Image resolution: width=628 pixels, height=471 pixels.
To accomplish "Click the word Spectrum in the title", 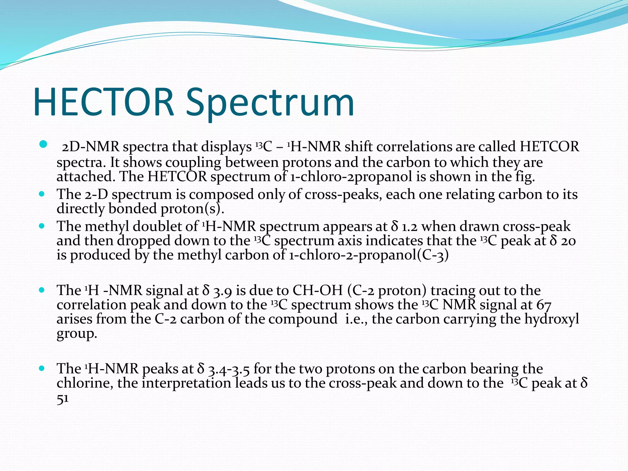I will tap(270, 103).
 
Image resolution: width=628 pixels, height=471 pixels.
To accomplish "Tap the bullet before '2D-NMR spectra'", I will tap(43, 144).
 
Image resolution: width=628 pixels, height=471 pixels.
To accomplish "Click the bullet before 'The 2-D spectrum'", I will tap(42, 194).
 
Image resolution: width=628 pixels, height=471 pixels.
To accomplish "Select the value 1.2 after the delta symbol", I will tap(410, 227).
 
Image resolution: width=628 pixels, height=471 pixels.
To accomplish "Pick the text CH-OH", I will tap(317, 290).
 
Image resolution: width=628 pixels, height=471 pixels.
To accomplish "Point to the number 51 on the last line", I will tap(63, 399).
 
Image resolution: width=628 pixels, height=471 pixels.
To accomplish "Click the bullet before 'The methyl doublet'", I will tap(42, 226).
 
